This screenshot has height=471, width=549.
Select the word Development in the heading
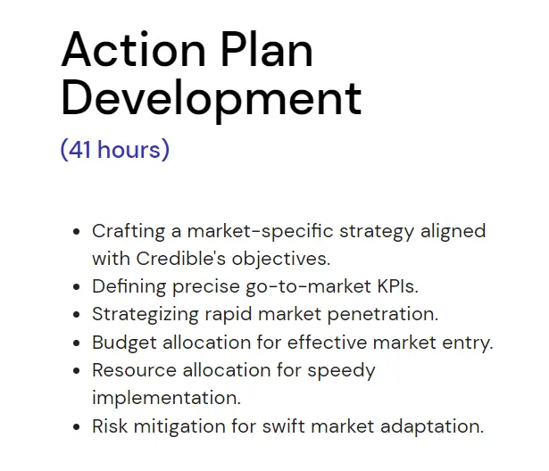(x=212, y=98)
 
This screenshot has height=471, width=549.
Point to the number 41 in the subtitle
(x=79, y=149)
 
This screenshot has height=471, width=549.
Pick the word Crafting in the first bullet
(x=129, y=231)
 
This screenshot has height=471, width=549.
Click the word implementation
(x=165, y=397)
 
